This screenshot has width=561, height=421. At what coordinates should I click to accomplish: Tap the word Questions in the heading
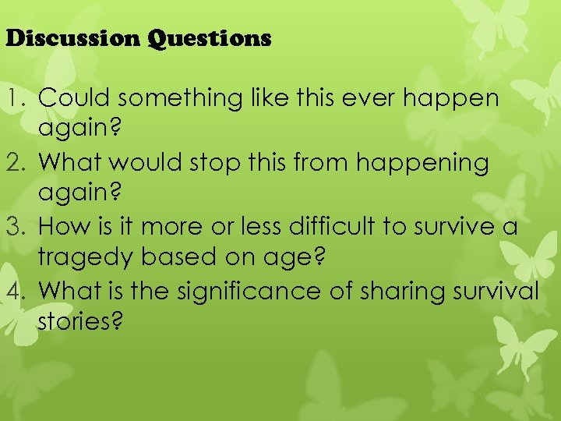pyautogui.click(x=211, y=38)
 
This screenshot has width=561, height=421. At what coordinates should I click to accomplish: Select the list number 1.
pyautogui.click(x=19, y=98)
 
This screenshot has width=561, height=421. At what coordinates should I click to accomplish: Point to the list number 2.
pyautogui.click(x=19, y=162)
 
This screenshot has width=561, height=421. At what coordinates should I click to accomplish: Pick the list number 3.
pyautogui.click(x=19, y=227)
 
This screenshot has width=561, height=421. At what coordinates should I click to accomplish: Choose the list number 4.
pyautogui.click(x=19, y=291)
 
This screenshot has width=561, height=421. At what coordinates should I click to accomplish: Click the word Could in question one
pyautogui.click(x=68, y=98)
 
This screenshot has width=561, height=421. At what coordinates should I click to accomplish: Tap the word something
pyautogui.click(x=162, y=98)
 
